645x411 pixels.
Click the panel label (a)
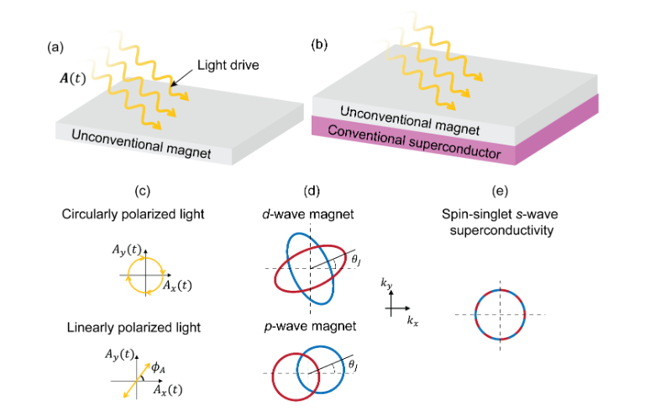[x=53, y=48]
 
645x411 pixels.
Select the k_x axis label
[x=412, y=321]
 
